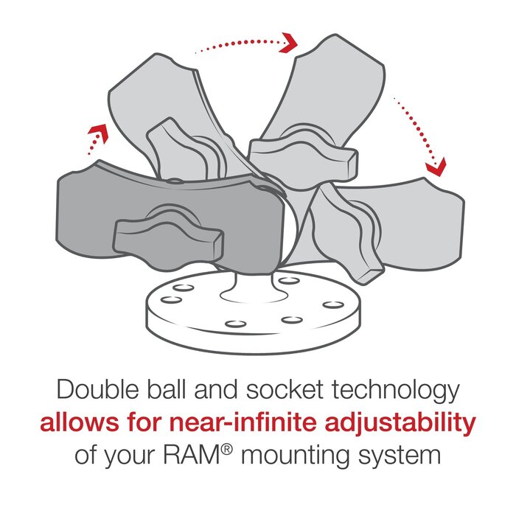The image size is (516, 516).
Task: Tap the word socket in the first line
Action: [281, 389]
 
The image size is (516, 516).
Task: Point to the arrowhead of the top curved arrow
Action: [289, 42]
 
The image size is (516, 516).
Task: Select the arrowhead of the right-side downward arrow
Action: [436, 166]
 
